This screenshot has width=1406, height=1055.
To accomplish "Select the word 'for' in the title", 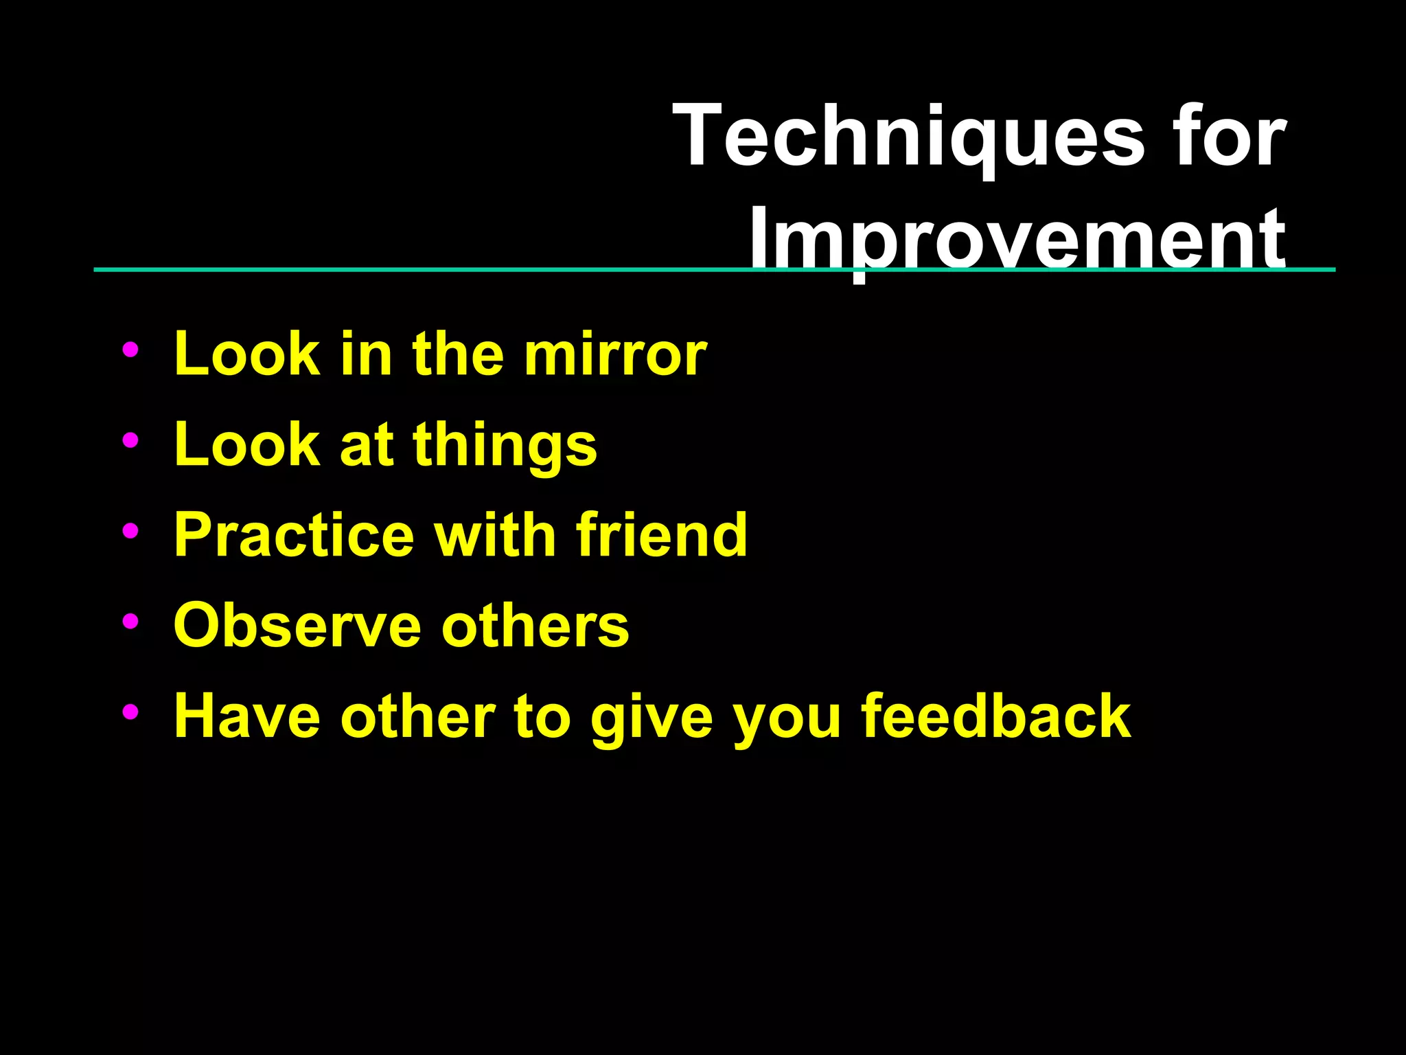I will [x=1229, y=135].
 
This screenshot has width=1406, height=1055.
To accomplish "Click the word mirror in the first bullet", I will [x=615, y=354].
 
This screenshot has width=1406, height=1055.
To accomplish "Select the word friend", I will [x=662, y=535].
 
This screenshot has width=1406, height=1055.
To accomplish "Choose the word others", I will [x=535, y=626].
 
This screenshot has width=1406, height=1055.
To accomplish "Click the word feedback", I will [x=995, y=716].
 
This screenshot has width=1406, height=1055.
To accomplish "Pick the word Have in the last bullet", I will [x=247, y=716].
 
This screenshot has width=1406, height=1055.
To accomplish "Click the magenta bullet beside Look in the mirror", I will [x=130, y=350].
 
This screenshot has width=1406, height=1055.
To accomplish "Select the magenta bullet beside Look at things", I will [x=130, y=440].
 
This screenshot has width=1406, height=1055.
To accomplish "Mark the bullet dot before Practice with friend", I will [x=130, y=530].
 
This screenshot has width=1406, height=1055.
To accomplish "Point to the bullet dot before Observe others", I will [x=130, y=621].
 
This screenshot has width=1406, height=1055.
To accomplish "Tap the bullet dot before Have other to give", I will [x=130, y=712].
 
